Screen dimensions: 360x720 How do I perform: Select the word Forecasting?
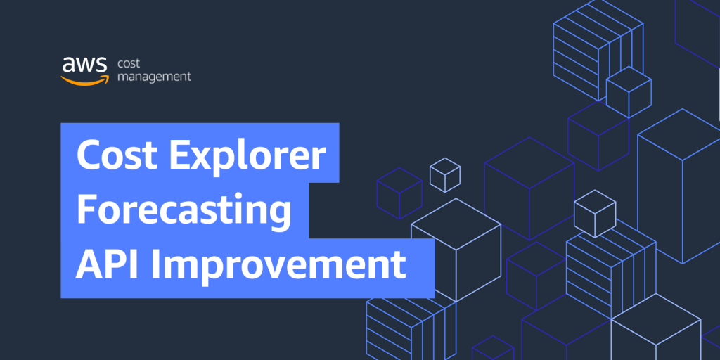[x=184, y=209]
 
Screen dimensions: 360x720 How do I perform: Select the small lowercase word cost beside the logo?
[x=129, y=63]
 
